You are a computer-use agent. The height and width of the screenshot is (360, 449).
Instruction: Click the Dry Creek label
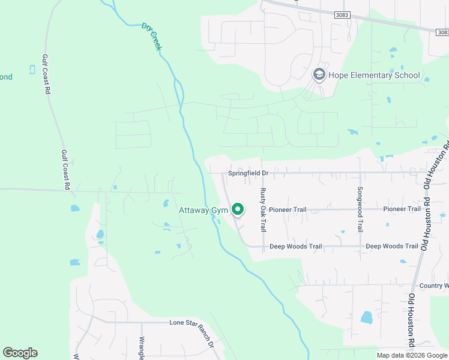pos(152,37)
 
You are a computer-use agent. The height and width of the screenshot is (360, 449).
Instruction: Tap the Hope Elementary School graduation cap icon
pos(319,75)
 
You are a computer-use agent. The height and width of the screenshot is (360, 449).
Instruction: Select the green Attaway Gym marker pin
pos(238,209)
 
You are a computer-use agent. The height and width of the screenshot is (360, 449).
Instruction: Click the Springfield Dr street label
pos(248,173)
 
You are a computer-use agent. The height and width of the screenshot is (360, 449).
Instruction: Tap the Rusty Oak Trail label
pos(262,210)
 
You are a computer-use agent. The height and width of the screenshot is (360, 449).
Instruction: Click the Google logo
pos(20,353)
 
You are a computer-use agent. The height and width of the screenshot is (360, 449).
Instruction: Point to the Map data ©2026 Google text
pos(412,355)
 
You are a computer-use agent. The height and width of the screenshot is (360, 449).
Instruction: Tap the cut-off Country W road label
pos(433,286)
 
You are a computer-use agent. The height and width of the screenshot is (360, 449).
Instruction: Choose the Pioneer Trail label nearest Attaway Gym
pos(288,209)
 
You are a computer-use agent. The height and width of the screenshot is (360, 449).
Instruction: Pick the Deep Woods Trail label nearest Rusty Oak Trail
pos(296,246)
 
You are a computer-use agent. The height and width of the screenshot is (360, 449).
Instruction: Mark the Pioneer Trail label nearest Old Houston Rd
pos(402,209)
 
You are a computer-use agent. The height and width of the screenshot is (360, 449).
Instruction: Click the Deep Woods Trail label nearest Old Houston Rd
pos(392,246)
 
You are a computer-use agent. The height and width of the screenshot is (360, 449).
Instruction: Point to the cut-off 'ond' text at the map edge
pos(6,77)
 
